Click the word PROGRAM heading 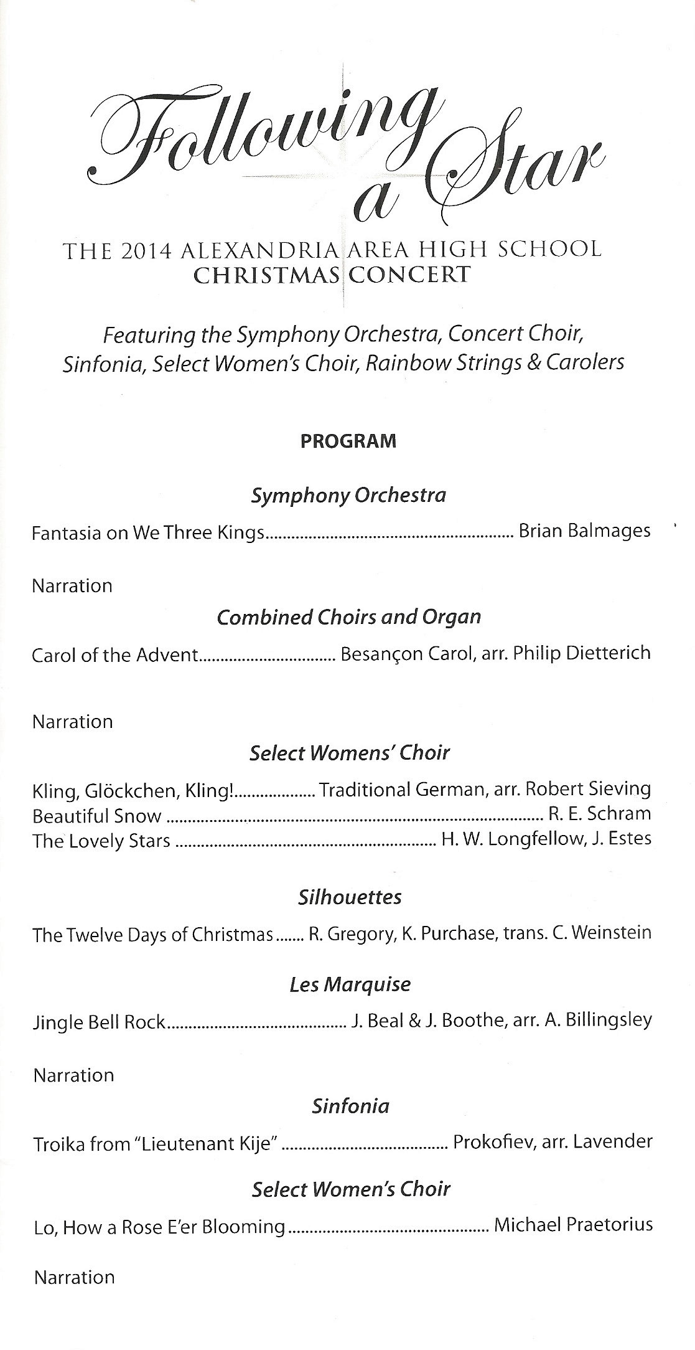coord(348,441)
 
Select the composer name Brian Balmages coord(584,531)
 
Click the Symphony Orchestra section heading coord(348,496)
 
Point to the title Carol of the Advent coord(115,654)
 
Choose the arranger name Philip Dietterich coord(582,653)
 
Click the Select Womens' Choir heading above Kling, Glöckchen coord(349,753)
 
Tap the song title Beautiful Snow coord(97,816)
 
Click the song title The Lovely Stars coord(101,841)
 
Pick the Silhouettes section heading coord(350,897)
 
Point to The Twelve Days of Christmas coord(152,935)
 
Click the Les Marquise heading coord(350,985)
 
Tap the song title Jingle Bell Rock coord(100,1022)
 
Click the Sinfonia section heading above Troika coord(351,1106)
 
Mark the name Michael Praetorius coord(573,1225)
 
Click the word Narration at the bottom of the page coord(75,1277)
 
